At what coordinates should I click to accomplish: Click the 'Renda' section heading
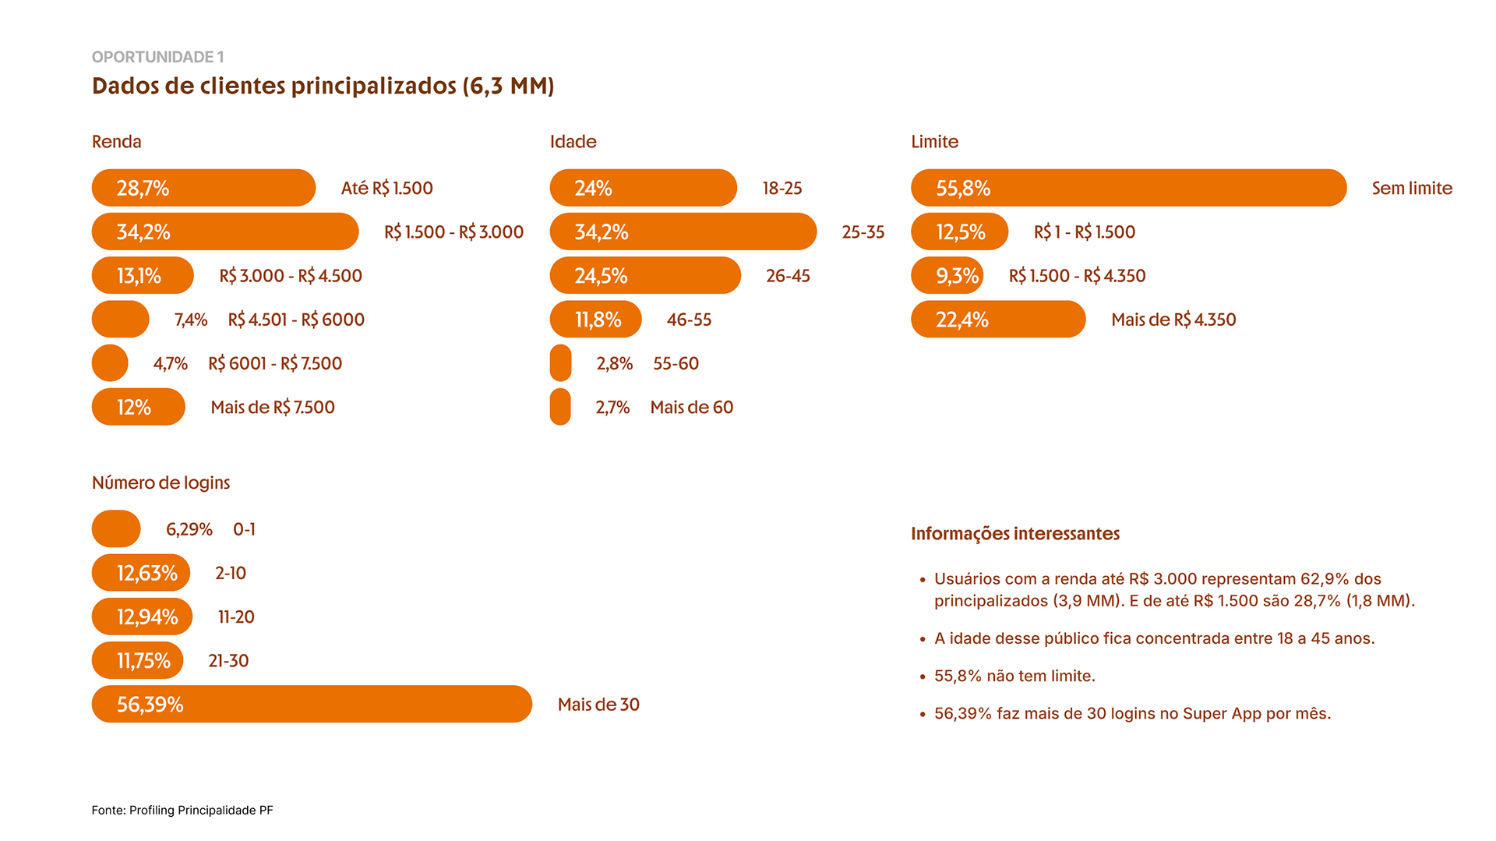click(116, 142)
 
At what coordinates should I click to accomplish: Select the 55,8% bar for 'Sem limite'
click(1128, 188)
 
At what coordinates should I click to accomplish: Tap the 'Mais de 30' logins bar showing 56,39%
click(312, 704)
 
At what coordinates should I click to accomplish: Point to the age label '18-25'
click(782, 189)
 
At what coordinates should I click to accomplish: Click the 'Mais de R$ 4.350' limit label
click(1173, 320)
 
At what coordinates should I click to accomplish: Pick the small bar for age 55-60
click(560, 363)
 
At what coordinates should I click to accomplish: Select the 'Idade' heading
click(573, 142)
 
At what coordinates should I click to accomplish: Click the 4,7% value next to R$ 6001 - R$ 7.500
click(170, 364)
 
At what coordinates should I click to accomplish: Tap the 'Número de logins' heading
click(161, 482)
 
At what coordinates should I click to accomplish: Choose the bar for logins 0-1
click(116, 529)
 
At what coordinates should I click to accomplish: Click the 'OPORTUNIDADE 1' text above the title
click(157, 57)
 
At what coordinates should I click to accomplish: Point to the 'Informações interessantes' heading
click(1014, 534)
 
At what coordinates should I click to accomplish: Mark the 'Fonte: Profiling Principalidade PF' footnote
click(182, 811)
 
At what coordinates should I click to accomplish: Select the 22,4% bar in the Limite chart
click(998, 320)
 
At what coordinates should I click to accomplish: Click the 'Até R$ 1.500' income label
click(386, 189)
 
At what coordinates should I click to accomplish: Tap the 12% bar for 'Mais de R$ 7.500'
click(138, 407)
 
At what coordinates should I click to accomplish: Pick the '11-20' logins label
click(236, 617)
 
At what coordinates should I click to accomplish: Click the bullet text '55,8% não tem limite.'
click(1014, 676)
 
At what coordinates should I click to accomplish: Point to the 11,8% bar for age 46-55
click(595, 320)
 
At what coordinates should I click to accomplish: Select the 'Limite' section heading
click(934, 142)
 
